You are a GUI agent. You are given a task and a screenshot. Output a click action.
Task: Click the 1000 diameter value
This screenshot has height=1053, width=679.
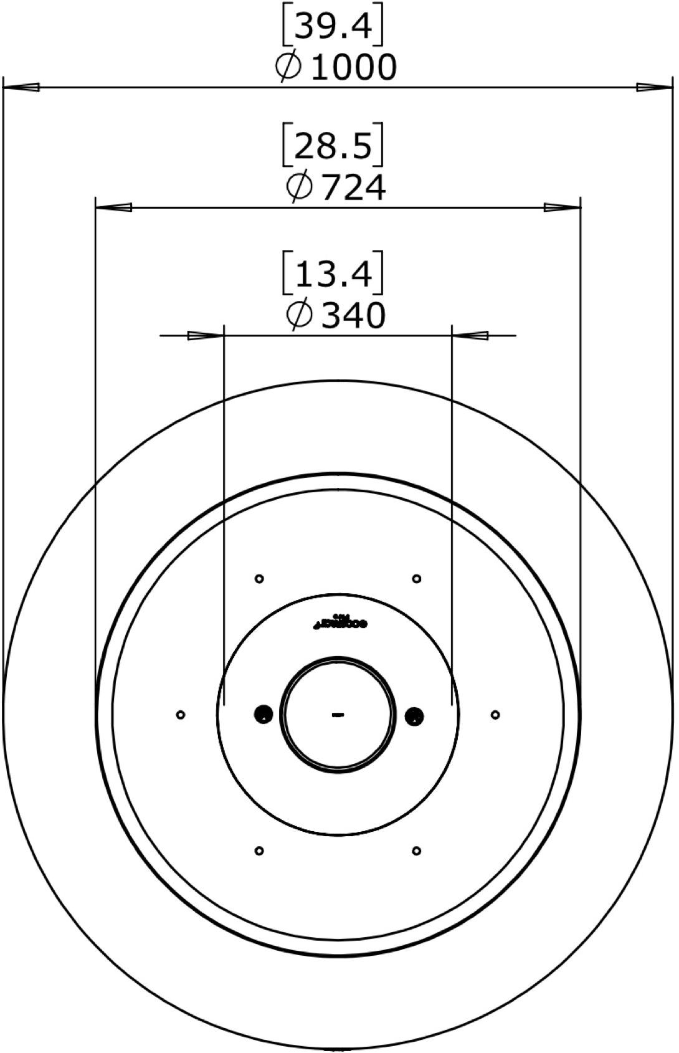click(353, 67)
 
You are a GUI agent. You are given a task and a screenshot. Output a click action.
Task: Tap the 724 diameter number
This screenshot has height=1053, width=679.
click(353, 188)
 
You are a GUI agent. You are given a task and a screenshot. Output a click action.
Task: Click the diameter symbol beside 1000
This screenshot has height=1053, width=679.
click(289, 67)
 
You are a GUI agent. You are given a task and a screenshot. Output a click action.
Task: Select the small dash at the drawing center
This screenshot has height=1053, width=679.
click(338, 715)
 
